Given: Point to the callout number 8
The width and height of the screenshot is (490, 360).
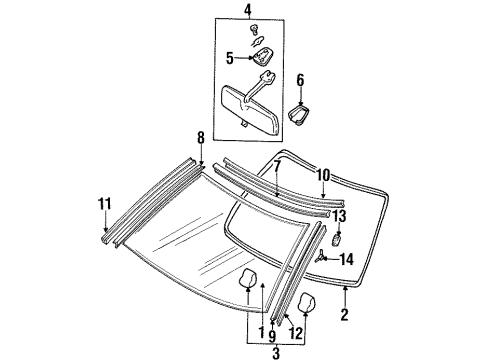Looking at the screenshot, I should [200, 139].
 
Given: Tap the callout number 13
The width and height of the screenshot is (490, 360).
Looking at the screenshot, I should [339, 215].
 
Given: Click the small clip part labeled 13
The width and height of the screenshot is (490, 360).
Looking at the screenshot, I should [338, 239].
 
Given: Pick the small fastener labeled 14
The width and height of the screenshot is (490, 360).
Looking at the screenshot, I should [322, 258].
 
